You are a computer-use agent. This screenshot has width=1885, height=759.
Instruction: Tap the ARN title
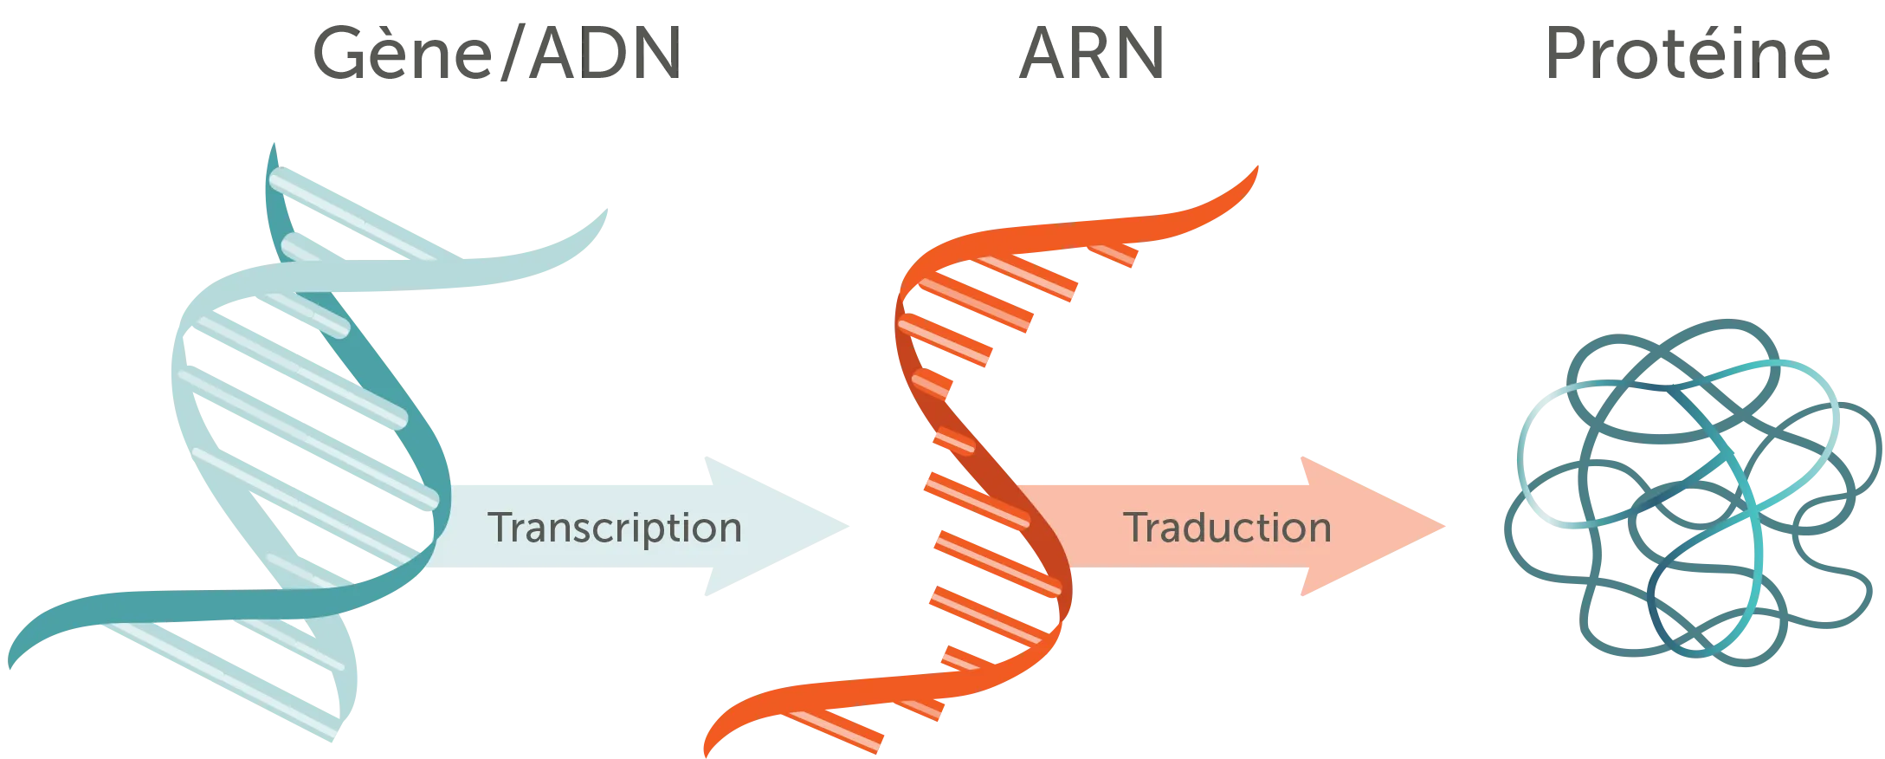pyautogui.click(x=1092, y=54)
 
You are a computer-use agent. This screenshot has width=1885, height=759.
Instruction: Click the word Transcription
pyautogui.click(x=615, y=528)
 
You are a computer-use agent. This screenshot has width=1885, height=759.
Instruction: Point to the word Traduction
pyautogui.click(x=1227, y=527)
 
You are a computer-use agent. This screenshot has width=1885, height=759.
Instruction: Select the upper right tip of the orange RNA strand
pyautogui.click(x=1257, y=167)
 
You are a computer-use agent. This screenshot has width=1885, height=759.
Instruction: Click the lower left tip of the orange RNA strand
pyautogui.click(x=707, y=756)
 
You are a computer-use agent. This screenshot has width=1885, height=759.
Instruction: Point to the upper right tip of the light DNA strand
pyautogui.click(x=606, y=210)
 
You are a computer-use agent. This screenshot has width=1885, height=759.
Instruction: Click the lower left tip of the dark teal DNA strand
pyautogui.click(x=10, y=667)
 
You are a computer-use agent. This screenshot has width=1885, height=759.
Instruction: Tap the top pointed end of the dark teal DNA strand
pyautogui.click(x=274, y=144)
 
